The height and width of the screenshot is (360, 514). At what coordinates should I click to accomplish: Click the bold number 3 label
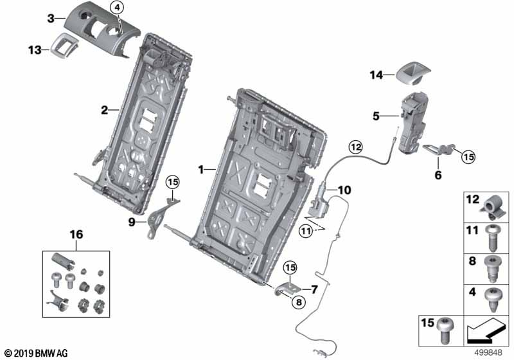(x=51, y=19)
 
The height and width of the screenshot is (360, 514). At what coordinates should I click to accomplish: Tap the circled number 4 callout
(x=117, y=7)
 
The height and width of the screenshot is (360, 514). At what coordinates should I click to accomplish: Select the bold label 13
(x=35, y=50)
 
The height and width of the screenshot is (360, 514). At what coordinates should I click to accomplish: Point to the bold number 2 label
(x=104, y=110)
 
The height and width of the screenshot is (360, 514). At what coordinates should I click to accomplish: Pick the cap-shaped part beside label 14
(x=412, y=74)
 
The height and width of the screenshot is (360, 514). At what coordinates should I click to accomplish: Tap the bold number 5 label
(x=376, y=116)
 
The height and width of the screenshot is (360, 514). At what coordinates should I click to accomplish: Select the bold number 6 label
(x=438, y=175)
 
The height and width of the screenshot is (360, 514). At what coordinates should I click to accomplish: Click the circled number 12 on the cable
(x=356, y=147)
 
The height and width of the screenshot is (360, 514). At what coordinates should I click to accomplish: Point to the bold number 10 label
(x=344, y=190)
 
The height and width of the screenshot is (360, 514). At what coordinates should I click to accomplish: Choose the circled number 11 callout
(x=306, y=232)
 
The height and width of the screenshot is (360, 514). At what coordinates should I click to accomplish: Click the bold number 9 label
(x=132, y=222)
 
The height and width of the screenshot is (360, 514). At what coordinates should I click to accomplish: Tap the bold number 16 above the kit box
(x=76, y=235)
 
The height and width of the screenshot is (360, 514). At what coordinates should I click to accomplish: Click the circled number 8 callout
(x=298, y=302)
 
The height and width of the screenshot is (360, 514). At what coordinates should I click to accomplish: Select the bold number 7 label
(x=314, y=289)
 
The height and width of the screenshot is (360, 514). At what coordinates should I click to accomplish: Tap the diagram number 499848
(x=488, y=353)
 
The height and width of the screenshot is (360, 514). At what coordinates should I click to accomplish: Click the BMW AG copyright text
(x=37, y=353)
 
